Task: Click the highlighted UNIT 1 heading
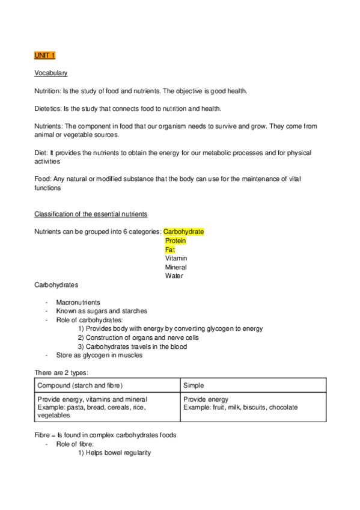pyautogui.click(x=44, y=55)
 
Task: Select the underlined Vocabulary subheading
pyautogui.click(x=50, y=73)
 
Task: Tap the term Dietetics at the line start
pyautogui.click(x=47, y=108)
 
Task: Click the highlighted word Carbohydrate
pyautogui.click(x=183, y=232)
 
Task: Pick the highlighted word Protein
pyautogui.click(x=175, y=241)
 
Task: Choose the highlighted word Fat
pyautogui.click(x=169, y=250)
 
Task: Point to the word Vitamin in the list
pyautogui.click(x=175, y=258)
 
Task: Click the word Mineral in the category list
pyautogui.click(x=175, y=267)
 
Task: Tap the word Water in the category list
pyautogui.click(x=174, y=276)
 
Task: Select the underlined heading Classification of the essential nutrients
pyautogui.click(x=91, y=214)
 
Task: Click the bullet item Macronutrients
pyautogui.click(x=78, y=303)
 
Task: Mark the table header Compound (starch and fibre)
pyautogui.click(x=84, y=385)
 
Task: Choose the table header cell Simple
pyautogui.click(x=194, y=385)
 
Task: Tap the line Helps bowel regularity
pyautogui.click(x=118, y=453)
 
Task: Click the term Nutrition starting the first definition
pyautogui.click(x=47, y=91)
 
